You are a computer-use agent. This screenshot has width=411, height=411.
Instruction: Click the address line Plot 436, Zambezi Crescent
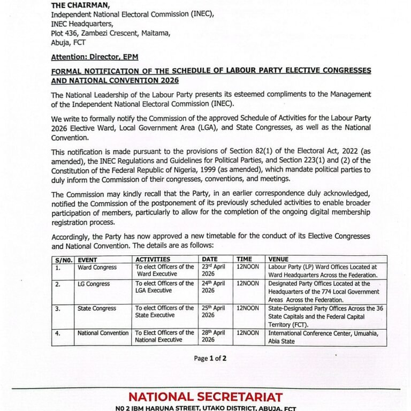pos(111,33)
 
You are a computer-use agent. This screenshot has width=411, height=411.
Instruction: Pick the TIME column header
pos(245,259)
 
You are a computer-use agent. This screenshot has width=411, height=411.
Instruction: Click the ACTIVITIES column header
pos(153,259)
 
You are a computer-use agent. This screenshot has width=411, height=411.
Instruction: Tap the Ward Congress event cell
pos(97,267)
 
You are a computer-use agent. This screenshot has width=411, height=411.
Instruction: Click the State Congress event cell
pos(97,309)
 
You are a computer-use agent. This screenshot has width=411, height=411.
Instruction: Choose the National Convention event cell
pos(103,333)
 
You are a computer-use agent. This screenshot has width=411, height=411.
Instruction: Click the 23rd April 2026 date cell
pos(213,271)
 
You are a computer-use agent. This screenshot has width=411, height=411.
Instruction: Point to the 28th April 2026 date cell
pos(213,336)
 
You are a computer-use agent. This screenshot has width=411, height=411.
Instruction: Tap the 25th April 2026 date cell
pos(213,312)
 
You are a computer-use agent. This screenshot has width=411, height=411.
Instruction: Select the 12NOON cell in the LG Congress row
pos(248,284)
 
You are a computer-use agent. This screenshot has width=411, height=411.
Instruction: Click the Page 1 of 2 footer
pos(210,359)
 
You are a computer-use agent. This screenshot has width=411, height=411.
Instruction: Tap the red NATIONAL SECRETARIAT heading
pos(205,397)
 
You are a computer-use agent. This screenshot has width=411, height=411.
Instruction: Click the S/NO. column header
pos(63,259)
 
